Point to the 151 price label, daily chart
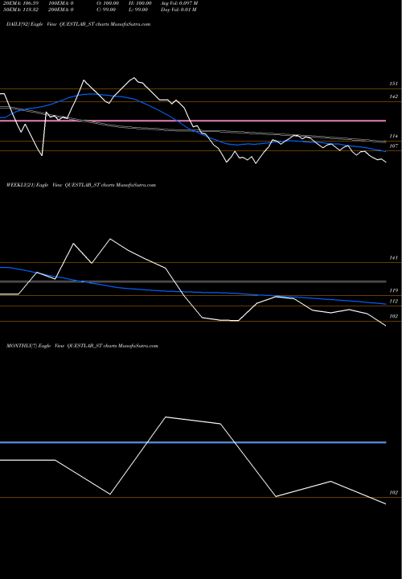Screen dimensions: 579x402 (x=394, y=84)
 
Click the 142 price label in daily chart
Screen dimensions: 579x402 (x=394, y=96)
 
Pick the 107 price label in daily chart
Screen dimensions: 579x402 (x=394, y=147)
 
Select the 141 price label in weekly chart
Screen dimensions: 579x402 (x=394, y=258)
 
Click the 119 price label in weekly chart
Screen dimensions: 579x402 (x=394, y=290)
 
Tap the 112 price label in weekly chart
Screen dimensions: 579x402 (x=394, y=301)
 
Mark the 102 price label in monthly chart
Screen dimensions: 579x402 (x=394, y=492)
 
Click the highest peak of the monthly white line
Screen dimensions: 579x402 (x=166, y=417)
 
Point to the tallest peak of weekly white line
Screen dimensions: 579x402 (x=110, y=239)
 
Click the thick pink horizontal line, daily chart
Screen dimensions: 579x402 (x=193, y=121)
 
